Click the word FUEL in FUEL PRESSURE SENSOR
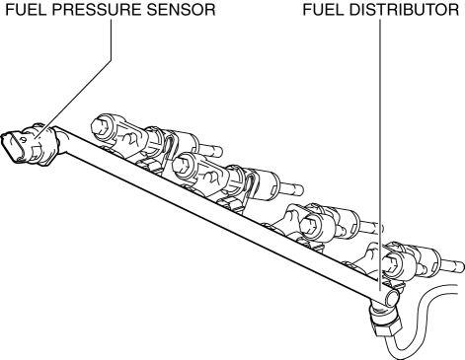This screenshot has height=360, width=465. click(x=26, y=10)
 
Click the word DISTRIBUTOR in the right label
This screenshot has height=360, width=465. click(x=404, y=10)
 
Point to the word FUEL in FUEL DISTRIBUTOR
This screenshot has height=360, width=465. click(x=323, y=10)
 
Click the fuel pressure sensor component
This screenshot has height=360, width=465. click(x=32, y=144)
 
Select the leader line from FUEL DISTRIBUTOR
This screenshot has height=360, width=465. click(x=381, y=155)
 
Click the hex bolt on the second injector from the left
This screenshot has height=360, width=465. click(x=180, y=163)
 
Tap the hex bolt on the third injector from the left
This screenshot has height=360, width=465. click(x=309, y=225)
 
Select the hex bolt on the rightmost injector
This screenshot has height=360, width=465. click(x=390, y=263)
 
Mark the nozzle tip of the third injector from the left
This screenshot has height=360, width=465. click(x=373, y=228)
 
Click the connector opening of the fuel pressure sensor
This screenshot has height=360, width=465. click(x=13, y=146)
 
